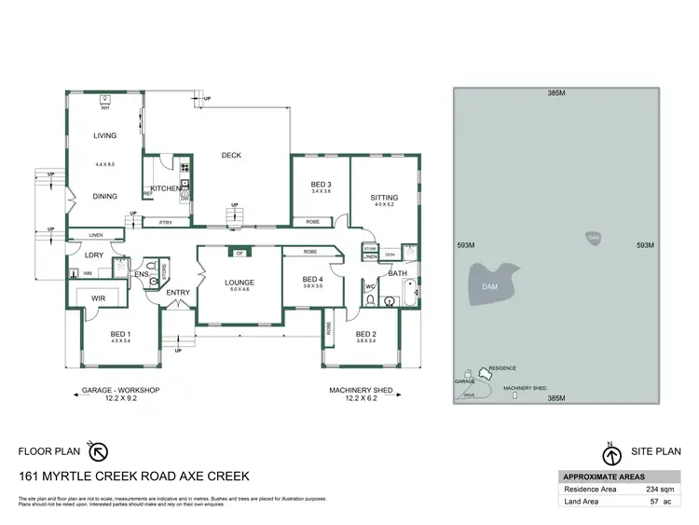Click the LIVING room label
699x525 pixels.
(104, 136)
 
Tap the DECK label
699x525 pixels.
(231, 156)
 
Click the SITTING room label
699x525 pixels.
(384, 198)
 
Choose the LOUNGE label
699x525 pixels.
(240, 283)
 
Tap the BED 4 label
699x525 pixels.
(313, 279)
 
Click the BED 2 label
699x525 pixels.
(365, 334)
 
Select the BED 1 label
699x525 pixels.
(121, 334)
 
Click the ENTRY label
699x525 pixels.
(178, 293)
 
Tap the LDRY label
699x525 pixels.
(94, 255)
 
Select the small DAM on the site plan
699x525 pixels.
(594, 239)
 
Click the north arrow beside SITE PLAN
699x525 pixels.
(612, 456)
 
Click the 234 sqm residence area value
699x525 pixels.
(658, 488)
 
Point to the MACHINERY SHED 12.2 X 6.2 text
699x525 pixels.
(360, 395)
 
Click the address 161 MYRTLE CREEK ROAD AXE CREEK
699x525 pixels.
(134, 476)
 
